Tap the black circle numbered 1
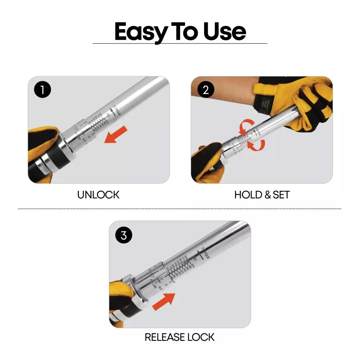(43, 90)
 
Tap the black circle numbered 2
(206, 90)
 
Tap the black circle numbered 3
(124, 235)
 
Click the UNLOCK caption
(98, 195)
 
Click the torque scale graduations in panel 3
(180, 268)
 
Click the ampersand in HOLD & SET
(268, 195)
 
